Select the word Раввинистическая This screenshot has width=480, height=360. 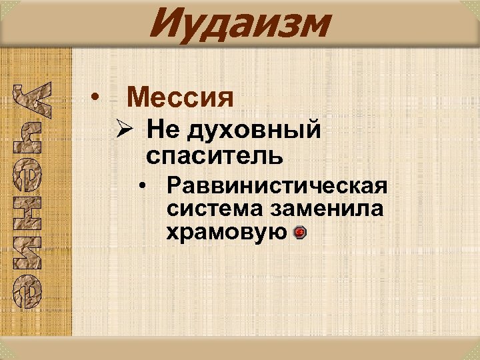[x=277, y=185]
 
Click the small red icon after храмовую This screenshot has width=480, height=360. [x=299, y=233]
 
